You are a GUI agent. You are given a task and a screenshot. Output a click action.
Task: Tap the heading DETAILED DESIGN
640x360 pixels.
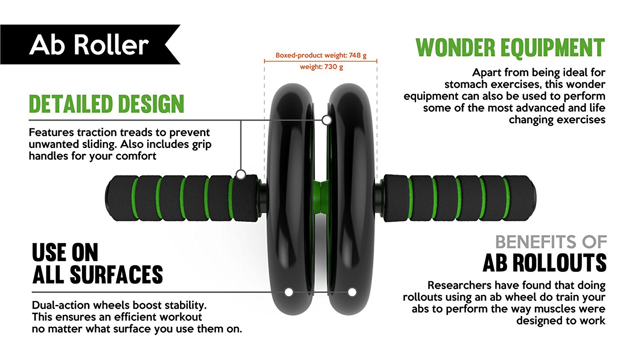point(106,104)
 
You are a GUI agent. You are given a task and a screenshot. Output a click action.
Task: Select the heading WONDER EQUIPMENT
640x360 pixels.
point(510,47)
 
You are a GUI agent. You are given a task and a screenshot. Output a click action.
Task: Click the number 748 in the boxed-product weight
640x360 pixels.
point(355,55)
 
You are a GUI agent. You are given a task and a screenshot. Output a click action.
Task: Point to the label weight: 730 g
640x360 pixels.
point(321,67)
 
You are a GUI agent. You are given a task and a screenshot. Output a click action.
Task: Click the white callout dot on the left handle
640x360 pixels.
point(241,174)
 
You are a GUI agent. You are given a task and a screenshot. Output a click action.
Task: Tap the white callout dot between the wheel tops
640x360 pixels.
point(327,120)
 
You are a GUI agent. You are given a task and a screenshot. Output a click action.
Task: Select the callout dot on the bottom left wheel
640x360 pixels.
point(289,292)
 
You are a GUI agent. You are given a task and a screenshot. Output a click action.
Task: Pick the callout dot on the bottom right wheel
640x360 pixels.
point(352,292)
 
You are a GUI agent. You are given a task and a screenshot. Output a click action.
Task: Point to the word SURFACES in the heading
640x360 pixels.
point(116,275)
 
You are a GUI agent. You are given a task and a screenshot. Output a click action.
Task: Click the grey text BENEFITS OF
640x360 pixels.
point(550,242)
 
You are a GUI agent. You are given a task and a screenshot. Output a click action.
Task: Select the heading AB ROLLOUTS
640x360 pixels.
point(544,263)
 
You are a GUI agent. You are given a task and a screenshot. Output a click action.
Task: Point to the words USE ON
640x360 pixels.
point(65,253)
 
